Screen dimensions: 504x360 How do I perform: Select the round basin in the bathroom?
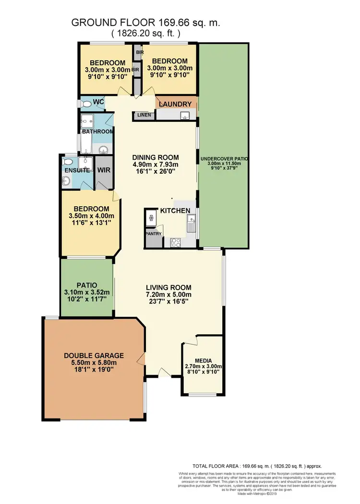[102, 151]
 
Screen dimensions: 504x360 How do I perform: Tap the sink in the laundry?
[183, 115]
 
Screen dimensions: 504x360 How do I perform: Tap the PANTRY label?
[154, 234]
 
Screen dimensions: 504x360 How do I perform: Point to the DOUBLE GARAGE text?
[94, 355]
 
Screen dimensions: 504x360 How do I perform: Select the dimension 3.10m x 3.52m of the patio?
[87, 292]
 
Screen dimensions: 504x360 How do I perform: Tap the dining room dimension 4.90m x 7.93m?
[156, 165]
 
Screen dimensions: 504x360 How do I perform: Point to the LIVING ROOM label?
[169, 287]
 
